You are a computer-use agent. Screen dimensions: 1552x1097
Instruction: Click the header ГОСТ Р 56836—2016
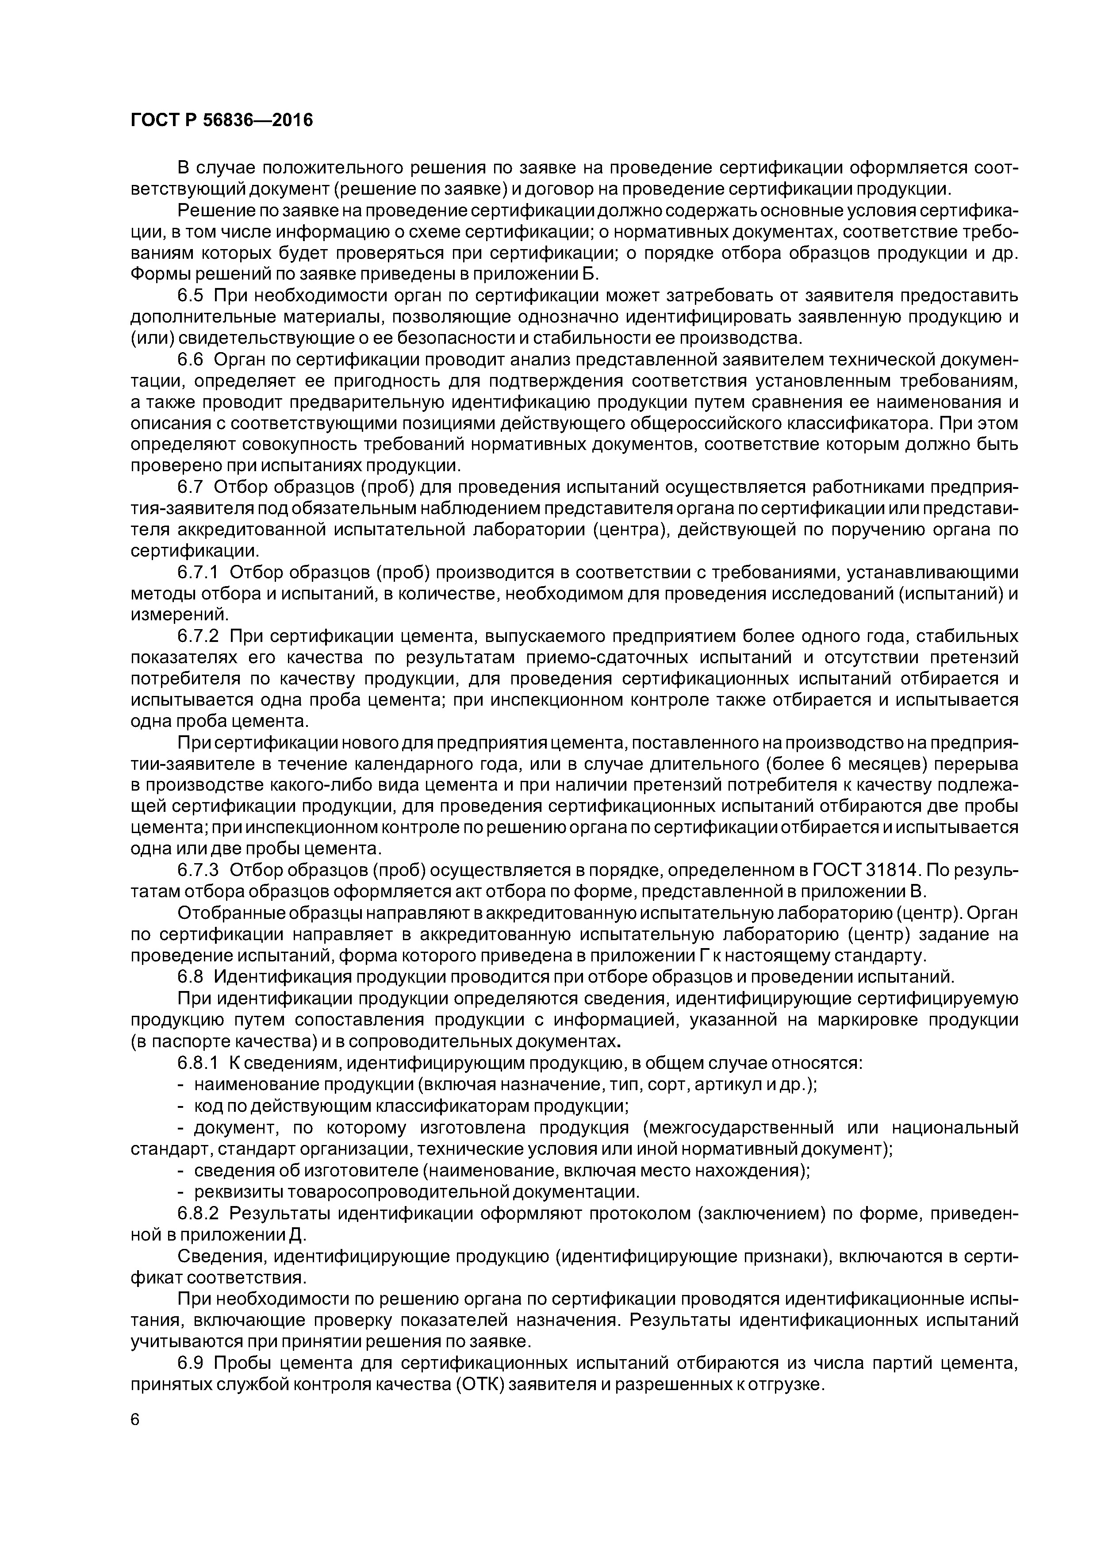[x=222, y=121]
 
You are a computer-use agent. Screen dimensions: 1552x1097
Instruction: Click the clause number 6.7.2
[x=199, y=636]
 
